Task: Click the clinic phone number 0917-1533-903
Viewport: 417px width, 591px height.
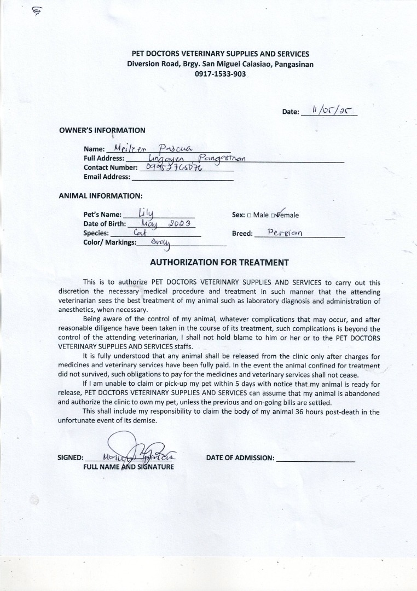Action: tap(220, 74)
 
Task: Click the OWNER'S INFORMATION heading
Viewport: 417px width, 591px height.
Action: tap(102, 130)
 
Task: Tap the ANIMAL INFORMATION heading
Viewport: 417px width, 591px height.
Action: tap(101, 195)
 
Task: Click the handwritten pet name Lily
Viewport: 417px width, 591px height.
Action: tap(147, 213)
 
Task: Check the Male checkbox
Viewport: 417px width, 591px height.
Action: tap(249, 215)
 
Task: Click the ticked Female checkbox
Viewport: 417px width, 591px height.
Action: tap(280, 215)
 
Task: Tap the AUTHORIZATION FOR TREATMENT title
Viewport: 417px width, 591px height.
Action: tap(219, 262)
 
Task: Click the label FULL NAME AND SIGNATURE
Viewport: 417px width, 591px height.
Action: tap(129, 467)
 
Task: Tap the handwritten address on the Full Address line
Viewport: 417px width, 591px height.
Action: tap(192, 158)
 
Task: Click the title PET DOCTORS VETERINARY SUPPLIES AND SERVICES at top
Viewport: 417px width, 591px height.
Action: tap(221, 54)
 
